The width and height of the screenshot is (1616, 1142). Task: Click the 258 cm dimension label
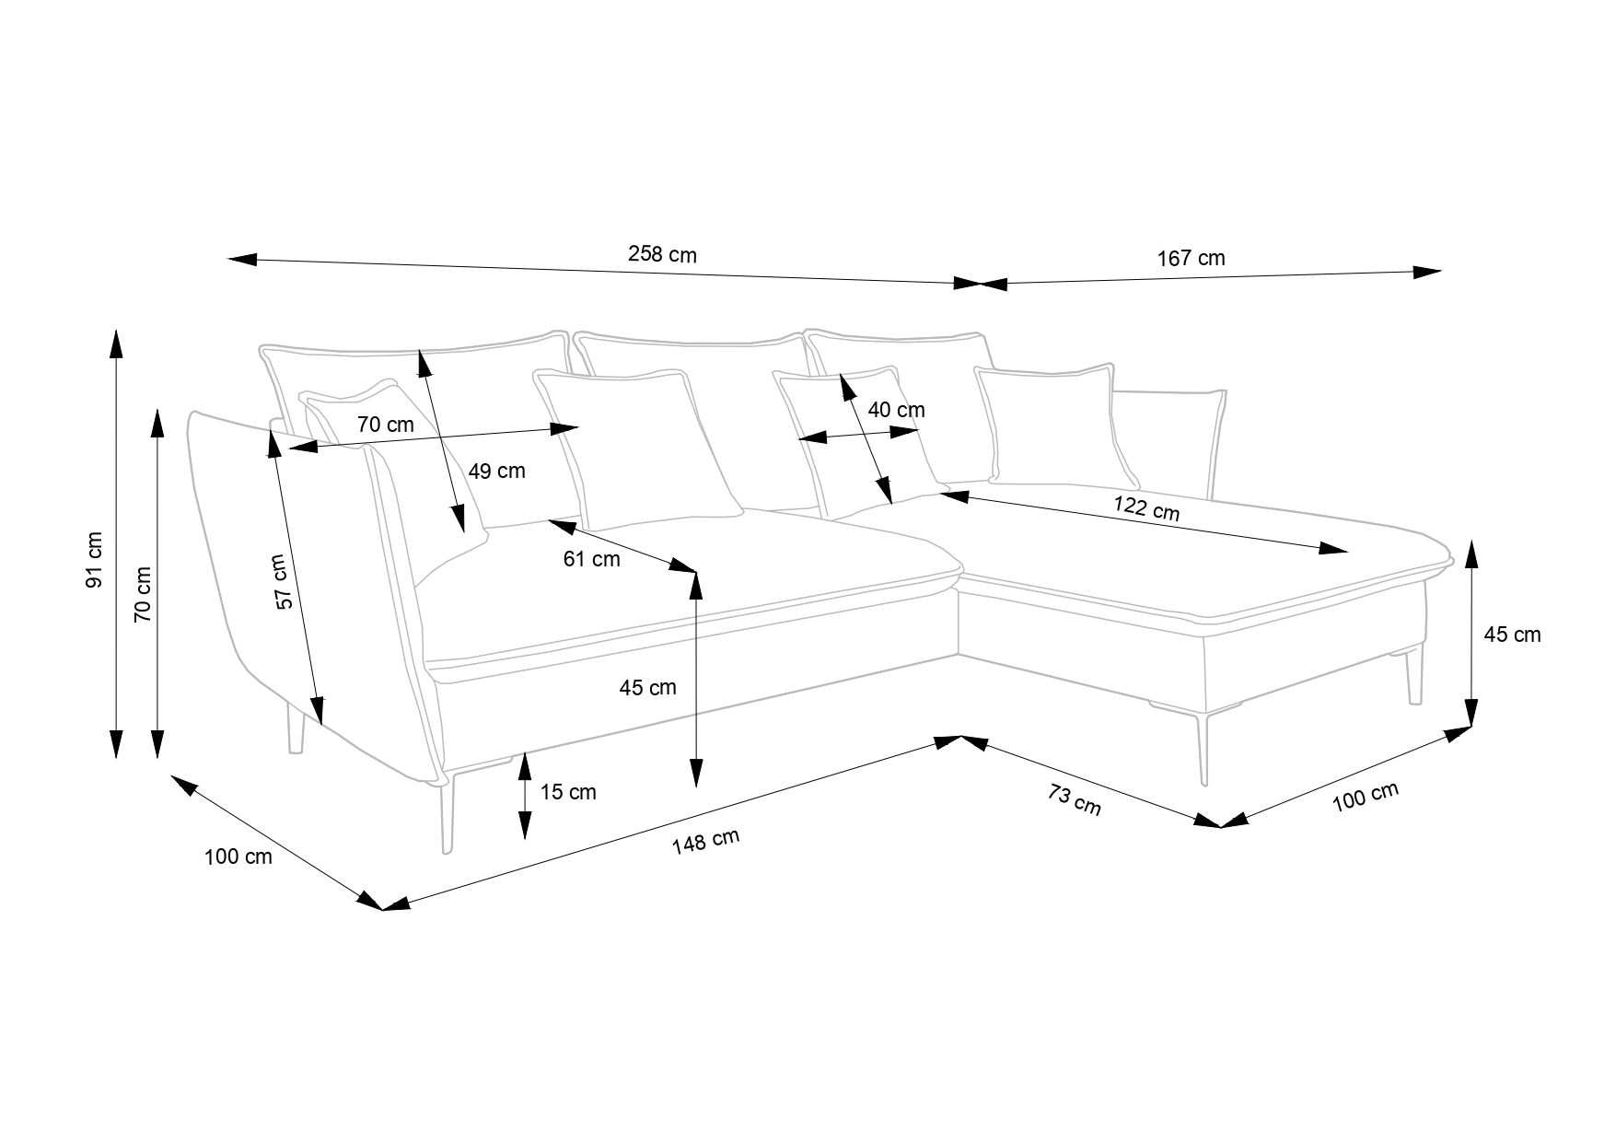(x=662, y=254)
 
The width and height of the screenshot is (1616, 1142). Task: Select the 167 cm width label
(x=1191, y=258)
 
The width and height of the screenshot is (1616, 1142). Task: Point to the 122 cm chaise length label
(x=1145, y=507)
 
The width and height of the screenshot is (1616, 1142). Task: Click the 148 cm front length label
(x=705, y=842)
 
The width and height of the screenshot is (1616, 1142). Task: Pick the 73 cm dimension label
(x=1074, y=798)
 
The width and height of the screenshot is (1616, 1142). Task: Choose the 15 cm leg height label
(x=568, y=792)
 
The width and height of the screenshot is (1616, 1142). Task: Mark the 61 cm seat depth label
(x=591, y=559)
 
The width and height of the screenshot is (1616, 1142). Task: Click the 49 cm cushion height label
(x=496, y=472)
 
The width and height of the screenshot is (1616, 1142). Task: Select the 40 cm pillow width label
(x=896, y=410)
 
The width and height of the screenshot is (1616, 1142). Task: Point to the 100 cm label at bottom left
(x=238, y=856)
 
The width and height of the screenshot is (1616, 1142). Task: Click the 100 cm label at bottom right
(x=1366, y=797)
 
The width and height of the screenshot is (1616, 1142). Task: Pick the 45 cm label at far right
(x=1511, y=635)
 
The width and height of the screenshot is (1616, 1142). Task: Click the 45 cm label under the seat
(x=647, y=687)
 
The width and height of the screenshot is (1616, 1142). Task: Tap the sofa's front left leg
(x=448, y=815)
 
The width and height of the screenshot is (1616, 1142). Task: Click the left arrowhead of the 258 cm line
(x=242, y=260)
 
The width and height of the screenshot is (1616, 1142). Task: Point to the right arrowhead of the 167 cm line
(x=1426, y=271)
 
